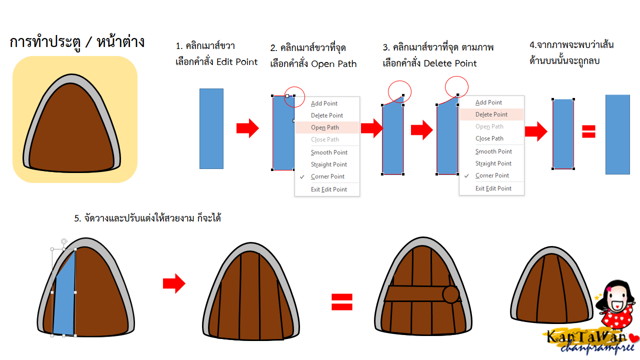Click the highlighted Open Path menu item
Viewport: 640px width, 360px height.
coord(325,127)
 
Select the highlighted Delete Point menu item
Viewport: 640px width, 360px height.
coord(491,114)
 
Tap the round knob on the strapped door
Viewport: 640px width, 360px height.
coord(451,294)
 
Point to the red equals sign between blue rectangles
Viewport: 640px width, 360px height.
coord(588,131)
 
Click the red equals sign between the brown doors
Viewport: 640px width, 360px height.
coord(342,301)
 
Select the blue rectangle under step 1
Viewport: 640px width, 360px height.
coord(211,128)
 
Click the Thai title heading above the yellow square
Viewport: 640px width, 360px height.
coord(77,42)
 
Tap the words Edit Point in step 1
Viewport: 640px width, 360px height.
coord(237,62)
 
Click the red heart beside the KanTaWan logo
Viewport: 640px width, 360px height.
coord(634,337)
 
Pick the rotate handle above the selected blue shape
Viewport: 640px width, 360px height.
coord(63,241)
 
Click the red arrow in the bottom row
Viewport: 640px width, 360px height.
coord(174,284)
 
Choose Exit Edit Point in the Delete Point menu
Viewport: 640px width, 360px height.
coord(493,188)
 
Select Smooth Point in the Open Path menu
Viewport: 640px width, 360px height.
coord(329,152)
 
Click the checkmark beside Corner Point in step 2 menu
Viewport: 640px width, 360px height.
coord(302,176)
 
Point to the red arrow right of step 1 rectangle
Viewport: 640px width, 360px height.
coord(247,128)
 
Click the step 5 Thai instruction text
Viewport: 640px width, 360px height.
coord(147,218)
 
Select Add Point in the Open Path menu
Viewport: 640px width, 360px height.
coord(324,103)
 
